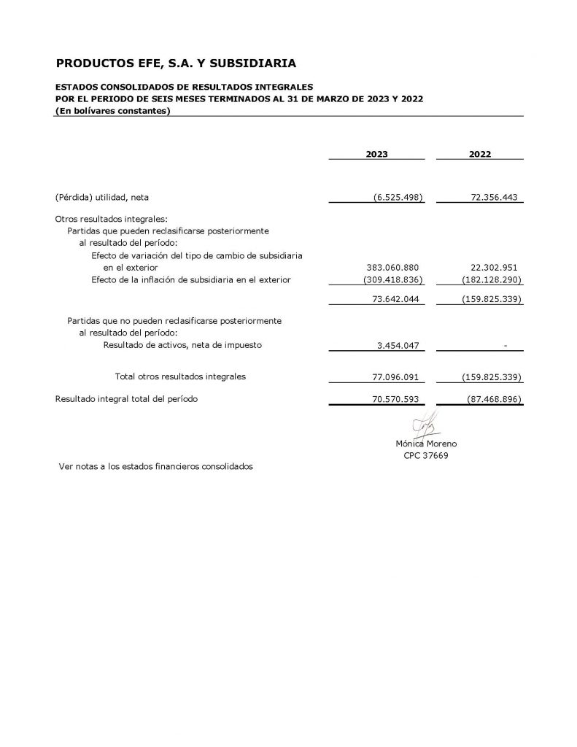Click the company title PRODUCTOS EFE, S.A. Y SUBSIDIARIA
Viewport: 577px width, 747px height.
176,63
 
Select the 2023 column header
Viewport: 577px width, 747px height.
376,155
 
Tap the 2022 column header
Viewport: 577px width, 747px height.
480,155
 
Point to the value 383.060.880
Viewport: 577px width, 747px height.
393,268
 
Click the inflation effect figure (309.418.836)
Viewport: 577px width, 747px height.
393,279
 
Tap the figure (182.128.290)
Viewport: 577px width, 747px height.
492,279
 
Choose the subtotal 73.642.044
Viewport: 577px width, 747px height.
396,299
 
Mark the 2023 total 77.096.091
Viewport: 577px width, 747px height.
396,377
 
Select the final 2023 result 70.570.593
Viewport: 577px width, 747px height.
396,399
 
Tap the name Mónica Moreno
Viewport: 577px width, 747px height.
426,444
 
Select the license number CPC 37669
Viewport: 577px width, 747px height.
426,455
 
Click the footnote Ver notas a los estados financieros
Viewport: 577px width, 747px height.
155,467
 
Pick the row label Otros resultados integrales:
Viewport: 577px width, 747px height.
111,218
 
